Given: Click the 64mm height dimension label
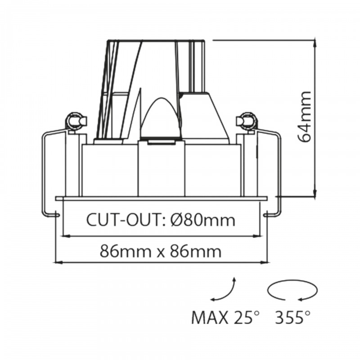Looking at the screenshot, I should click(306, 117).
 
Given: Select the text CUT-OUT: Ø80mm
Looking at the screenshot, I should click(161, 220).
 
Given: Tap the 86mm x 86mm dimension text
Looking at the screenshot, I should click(161, 251).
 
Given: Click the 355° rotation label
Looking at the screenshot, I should click(292, 318).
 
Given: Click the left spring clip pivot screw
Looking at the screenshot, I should click(74, 121).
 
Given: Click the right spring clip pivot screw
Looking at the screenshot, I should click(247, 121).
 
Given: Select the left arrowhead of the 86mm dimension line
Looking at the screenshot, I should click(57, 261).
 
